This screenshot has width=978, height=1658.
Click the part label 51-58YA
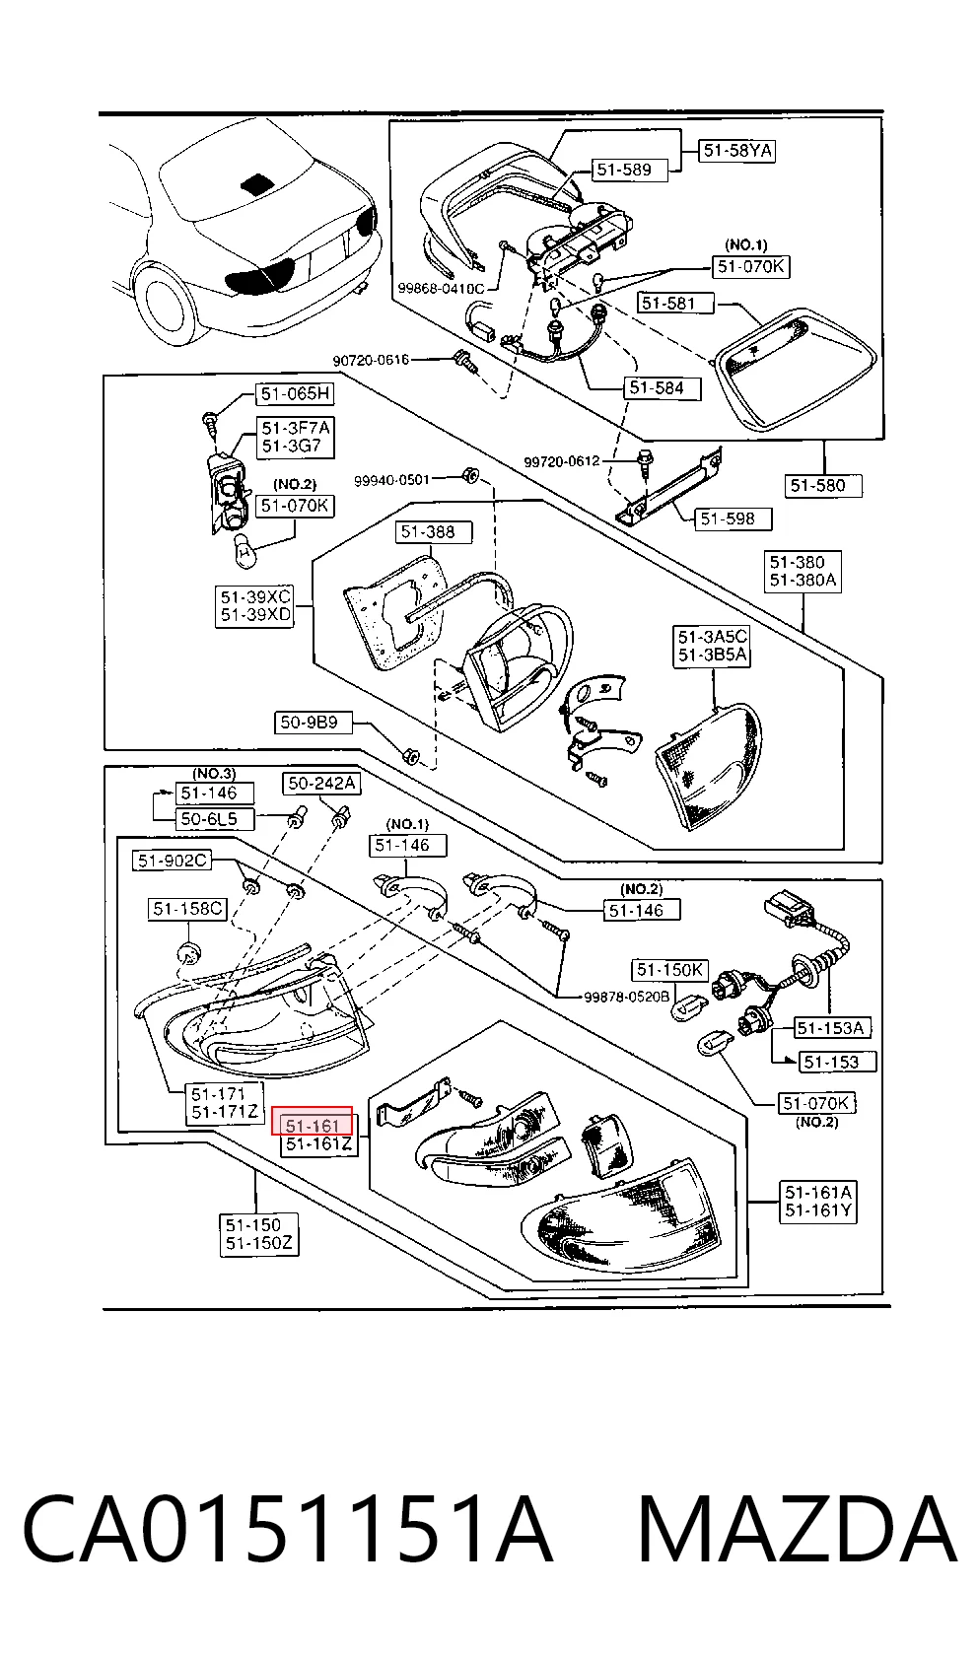[736, 151]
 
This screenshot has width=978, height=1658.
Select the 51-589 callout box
[629, 171]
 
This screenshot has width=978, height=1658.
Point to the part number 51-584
[662, 388]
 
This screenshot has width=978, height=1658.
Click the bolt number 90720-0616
[370, 361]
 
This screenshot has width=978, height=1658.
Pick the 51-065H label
[295, 393]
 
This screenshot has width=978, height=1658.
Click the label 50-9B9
[314, 723]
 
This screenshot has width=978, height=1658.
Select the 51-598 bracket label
[733, 518]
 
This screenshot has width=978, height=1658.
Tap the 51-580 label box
[823, 486]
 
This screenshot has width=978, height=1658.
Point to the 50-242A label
[321, 783]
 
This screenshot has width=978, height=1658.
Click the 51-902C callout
[173, 861]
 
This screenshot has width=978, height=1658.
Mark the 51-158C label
[187, 909]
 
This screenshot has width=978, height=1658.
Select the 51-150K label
[670, 970]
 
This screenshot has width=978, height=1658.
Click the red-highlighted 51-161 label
[313, 1121]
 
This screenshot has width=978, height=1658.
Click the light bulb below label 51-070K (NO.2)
[245, 551]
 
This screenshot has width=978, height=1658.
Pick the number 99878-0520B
[626, 998]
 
